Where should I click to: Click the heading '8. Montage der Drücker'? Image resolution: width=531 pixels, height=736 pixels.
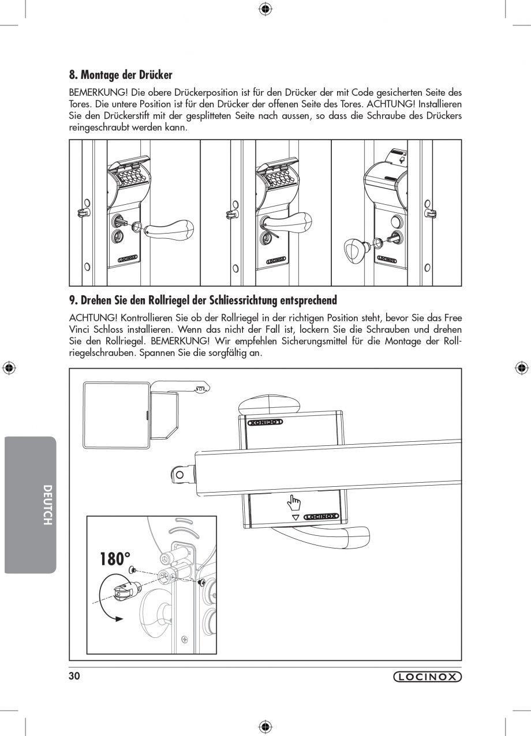[x=121, y=75]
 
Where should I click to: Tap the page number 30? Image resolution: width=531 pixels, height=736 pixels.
[x=74, y=677]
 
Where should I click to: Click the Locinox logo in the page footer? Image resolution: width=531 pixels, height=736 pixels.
[x=427, y=677]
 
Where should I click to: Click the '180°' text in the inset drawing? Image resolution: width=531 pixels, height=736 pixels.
[x=115, y=559]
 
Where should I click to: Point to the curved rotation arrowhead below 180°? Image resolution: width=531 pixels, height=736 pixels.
[x=119, y=618]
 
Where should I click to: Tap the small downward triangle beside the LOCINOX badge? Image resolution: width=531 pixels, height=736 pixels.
[x=296, y=517]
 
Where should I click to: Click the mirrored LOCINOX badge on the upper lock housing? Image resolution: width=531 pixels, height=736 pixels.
[x=265, y=422]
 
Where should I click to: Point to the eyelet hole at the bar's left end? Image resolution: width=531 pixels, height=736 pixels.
[x=180, y=475]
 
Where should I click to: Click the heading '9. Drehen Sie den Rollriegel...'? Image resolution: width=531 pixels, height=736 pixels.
[x=203, y=301]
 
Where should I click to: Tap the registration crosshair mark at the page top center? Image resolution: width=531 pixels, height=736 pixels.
[x=265, y=8]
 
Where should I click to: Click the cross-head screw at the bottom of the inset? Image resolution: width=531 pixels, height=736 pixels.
[x=185, y=639]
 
